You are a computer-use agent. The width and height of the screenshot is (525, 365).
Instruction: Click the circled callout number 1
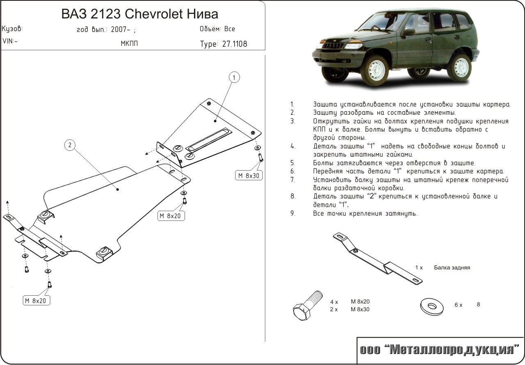click(x=234, y=78)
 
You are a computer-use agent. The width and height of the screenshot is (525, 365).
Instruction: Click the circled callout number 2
click(x=70, y=145)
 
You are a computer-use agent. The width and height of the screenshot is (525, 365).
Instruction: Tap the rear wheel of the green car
click(x=461, y=66)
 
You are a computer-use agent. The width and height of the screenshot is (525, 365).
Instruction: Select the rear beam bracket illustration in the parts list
click(x=379, y=260)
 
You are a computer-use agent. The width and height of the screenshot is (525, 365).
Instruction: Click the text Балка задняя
click(x=452, y=268)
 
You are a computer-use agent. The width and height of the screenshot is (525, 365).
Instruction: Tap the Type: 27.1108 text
click(x=224, y=44)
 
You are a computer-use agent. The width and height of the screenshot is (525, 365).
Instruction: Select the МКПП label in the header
click(x=129, y=44)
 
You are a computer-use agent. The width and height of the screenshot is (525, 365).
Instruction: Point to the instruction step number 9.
click(x=292, y=214)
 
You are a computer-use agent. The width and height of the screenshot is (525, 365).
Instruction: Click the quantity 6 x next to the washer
click(x=458, y=305)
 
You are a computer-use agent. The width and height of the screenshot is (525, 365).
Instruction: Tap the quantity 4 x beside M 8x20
click(x=333, y=301)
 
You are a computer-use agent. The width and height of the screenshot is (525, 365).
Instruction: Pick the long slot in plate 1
click(x=208, y=139)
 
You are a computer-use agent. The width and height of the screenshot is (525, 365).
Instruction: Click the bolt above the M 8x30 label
click(x=260, y=158)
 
